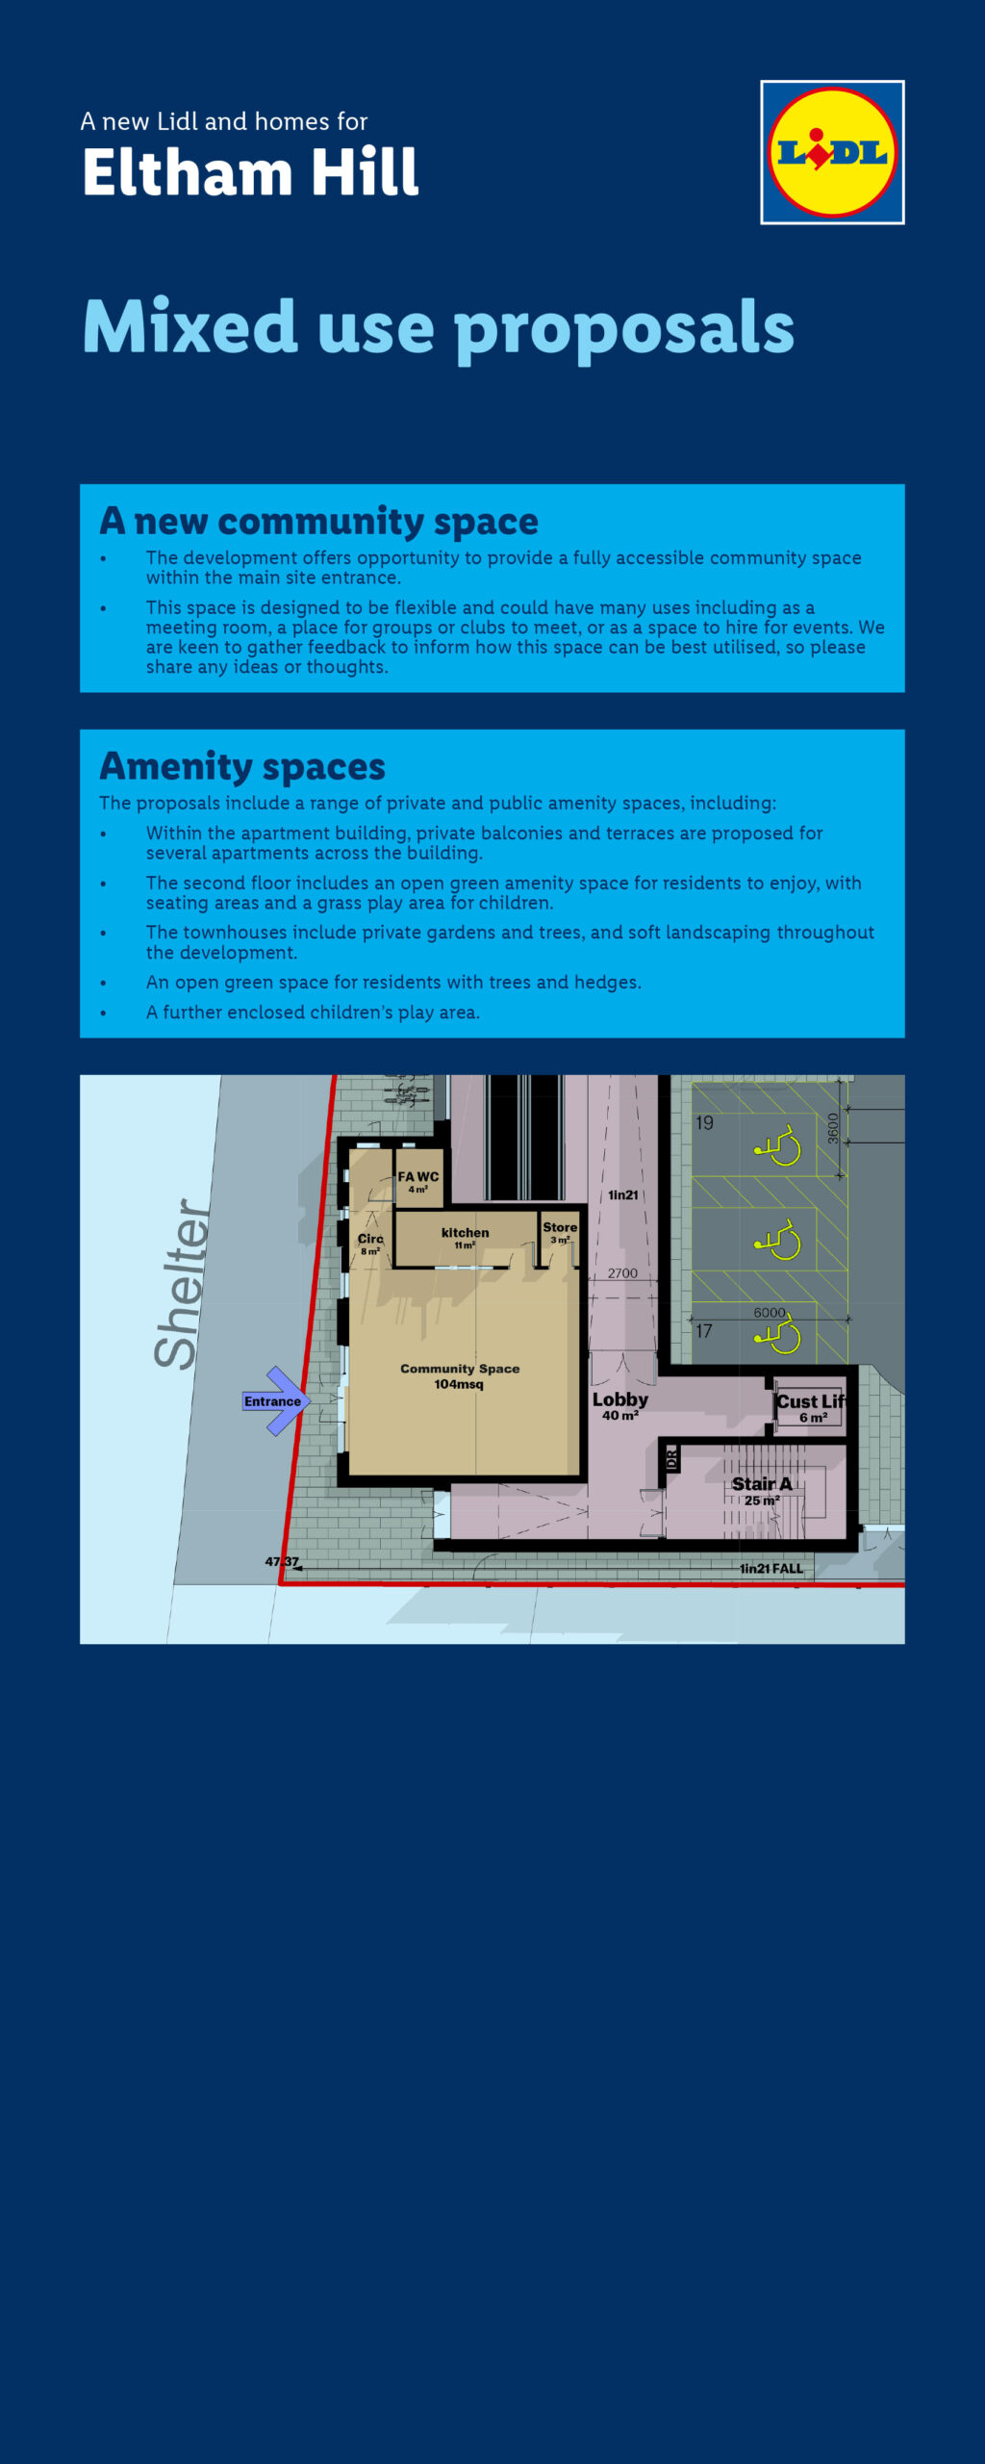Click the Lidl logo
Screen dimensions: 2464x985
pos(832,152)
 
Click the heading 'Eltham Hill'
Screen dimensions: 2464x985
pos(250,173)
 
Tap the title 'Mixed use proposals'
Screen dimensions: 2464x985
pos(439,327)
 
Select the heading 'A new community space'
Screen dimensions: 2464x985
pos(318,521)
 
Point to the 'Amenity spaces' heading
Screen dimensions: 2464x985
pos(242,766)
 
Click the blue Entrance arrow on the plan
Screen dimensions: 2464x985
pos(275,1401)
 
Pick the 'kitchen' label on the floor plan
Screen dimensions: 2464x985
pos(465,1233)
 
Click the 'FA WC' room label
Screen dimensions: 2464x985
pos(418,1177)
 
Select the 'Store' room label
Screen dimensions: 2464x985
pos(560,1228)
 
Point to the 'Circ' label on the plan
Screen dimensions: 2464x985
pos(370,1240)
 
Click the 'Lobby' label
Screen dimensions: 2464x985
pos(620,1400)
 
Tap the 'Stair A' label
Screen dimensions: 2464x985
pos(762,1484)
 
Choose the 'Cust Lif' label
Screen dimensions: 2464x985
pos(811,1402)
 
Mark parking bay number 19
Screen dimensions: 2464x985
pos(705,1123)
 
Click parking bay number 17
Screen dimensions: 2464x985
pos(704,1331)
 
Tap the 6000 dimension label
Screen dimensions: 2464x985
pos(770,1313)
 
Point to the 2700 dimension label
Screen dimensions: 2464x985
pos(622,1273)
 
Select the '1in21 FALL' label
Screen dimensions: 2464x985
pos(771,1569)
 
